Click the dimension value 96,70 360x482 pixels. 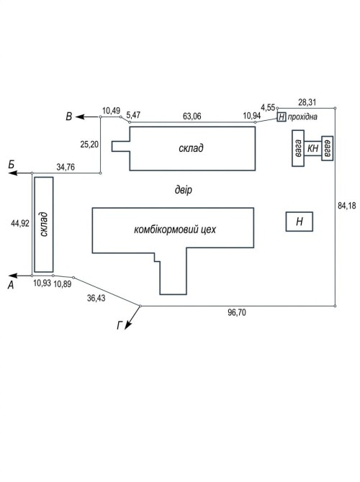coord(237,312)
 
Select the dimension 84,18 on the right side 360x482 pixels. coord(346,206)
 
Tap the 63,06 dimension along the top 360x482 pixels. coord(192,116)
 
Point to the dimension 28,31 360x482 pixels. coord(307,102)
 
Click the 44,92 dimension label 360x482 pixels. coord(20,223)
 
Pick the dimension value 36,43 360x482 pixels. coord(96,298)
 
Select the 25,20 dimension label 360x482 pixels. coord(89,144)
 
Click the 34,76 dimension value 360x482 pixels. coord(66,167)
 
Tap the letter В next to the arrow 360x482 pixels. coord(69,117)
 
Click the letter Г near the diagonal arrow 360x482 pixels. coord(120,325)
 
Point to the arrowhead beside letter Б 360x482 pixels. coord(12,173)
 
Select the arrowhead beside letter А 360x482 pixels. coord(12,276)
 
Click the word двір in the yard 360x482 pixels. coord(184,190)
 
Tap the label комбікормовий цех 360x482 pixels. coord(175,229)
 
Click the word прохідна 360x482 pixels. coord(302,117)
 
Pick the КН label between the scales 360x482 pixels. coord(312,148)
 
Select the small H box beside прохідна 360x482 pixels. coord(282,117)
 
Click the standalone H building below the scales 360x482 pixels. coord(300,222)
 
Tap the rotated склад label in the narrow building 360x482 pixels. coord(44,224)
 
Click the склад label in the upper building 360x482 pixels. coord(191,148)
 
